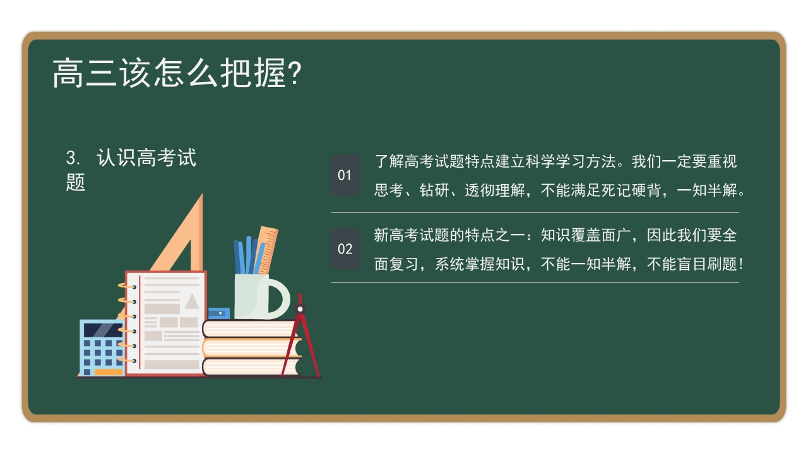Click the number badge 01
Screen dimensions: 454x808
[345, 175]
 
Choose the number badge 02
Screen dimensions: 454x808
[345, 248]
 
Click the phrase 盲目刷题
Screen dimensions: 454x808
[705, 264]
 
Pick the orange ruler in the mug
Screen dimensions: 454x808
[267, 249]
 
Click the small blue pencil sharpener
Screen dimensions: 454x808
[218, 313]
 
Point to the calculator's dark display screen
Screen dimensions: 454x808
[102, 330]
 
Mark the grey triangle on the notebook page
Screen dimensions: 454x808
[191, 301]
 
